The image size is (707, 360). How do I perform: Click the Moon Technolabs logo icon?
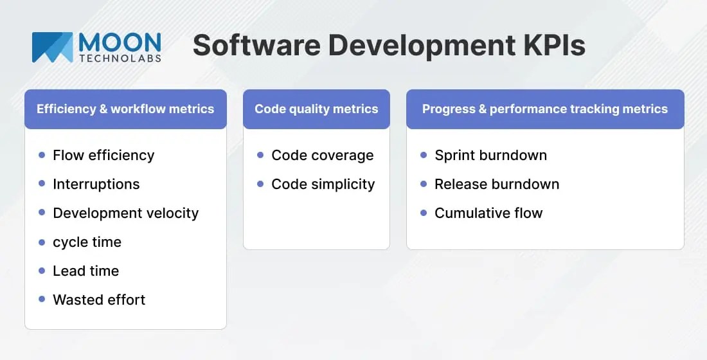52,47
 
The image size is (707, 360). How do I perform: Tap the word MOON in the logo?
120,42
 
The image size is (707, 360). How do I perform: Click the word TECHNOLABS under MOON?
120,59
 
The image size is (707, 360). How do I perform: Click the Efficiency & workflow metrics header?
125,109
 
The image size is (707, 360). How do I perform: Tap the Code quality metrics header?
316,109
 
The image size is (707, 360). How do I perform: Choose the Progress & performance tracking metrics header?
544,109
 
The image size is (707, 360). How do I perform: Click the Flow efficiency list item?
103,156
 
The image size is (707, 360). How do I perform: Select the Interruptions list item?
96,184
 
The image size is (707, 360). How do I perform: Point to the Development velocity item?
125,213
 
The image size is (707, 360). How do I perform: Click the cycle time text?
87,242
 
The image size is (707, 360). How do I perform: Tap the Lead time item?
85,271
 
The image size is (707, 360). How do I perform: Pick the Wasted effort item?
99,300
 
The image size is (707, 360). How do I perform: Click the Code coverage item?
322,156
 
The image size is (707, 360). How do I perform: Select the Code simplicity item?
323,184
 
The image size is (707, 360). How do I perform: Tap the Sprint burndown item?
490,156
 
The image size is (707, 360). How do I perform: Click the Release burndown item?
496,184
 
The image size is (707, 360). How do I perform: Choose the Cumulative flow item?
488,213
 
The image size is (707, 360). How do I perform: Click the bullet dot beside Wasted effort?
42,299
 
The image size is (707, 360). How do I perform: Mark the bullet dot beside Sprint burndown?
424,155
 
